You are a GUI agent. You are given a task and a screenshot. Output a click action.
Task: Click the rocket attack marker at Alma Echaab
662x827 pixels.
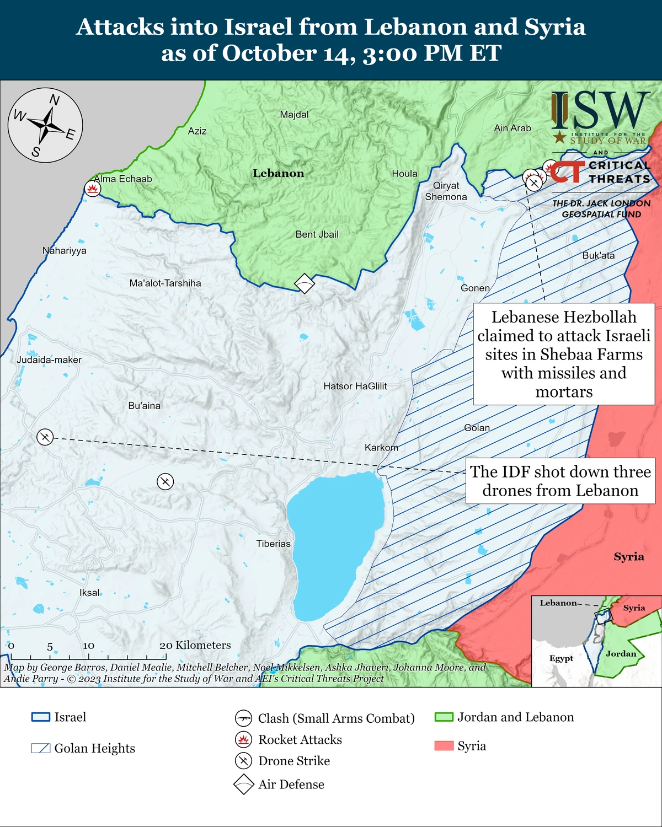(x=92, y=189)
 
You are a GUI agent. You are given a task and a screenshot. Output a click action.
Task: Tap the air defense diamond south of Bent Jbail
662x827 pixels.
(x=305, y=283)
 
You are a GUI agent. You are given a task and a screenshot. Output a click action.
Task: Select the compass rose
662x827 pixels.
(x=45, y=125)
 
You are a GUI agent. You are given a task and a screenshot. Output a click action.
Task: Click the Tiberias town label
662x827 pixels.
(x=273, y=544)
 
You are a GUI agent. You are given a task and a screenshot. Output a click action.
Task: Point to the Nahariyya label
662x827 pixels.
(x=65, y=251)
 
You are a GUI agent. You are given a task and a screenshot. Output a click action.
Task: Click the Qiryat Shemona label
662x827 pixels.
(x=446, y=191)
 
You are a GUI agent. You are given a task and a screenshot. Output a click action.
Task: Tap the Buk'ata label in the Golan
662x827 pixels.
(x=599, y=256)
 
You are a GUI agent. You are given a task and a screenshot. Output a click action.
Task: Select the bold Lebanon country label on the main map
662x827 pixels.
(x=278, y=173)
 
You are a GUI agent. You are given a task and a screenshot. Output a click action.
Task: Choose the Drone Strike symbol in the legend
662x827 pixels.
(x=243, y=761)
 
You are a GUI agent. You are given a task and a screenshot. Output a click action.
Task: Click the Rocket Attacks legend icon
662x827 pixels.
(x=243, y=739)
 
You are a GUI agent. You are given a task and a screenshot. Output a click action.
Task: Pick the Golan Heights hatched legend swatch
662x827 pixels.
(x=41, y=748)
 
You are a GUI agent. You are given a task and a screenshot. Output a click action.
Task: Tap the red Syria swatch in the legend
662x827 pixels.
(x=444, y=746)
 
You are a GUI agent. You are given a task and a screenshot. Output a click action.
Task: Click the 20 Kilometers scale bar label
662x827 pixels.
(x=195, y=645)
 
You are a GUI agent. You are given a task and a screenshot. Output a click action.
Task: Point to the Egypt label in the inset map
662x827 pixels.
(x=561, y=658)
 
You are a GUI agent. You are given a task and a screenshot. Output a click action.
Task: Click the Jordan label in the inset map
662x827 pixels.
(x=621, y=654)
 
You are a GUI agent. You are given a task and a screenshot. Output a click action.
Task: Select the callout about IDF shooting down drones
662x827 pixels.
(x=560, y=481)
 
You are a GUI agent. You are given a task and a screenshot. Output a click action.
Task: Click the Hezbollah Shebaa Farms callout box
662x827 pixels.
(x=564, y=354)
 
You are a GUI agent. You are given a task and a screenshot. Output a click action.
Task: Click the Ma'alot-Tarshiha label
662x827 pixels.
(x=165, y=283)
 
